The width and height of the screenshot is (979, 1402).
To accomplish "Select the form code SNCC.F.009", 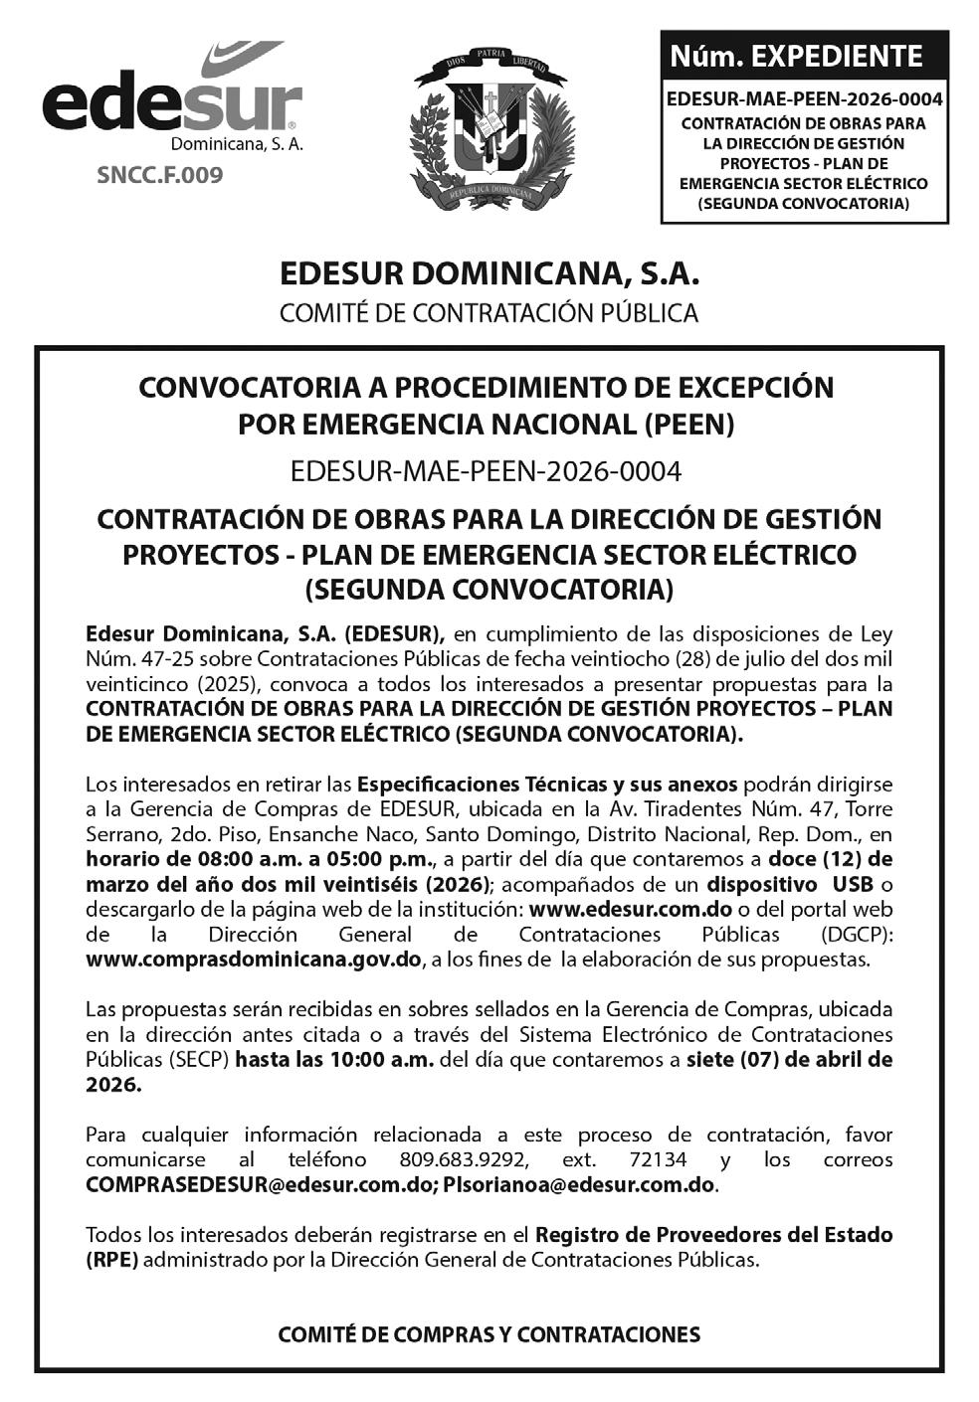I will pyautogui.click(x=159, y=176).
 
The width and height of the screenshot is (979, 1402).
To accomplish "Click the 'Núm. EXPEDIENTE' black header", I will pyautogui.click(x=804, y=57).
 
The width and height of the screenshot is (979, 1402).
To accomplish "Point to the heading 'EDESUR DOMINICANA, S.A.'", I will pyautogui.click(x=489, y=273).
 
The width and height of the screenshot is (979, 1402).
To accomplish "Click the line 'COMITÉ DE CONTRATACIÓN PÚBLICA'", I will pyautogui.click(x=489, y=312).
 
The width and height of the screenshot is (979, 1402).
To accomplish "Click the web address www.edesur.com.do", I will pyautogui.click(x=631, y=909).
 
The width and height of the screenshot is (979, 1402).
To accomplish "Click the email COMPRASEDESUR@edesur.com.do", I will pyautogui.click(x=260, y=1184).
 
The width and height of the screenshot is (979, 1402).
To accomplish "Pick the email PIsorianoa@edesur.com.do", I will pyautogui.click(x=579, y=1184).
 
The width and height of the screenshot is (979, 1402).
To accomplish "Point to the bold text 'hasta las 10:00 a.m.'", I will pyautogui.click(x=334, y=1059).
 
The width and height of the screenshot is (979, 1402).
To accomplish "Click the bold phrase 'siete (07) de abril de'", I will pyautogui.click(x=789, y=1059).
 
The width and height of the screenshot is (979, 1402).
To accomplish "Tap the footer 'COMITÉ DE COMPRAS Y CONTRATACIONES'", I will pyautogui.click(x=489, y=1334).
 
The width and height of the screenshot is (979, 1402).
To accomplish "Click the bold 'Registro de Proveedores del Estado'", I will pyautogui.click(x=713, y=1235).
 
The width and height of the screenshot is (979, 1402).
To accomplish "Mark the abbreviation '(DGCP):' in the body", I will pyautogui.click(x=857, y=935).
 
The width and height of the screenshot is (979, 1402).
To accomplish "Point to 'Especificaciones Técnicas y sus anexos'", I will pyautogui.click(x=547, y=784).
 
